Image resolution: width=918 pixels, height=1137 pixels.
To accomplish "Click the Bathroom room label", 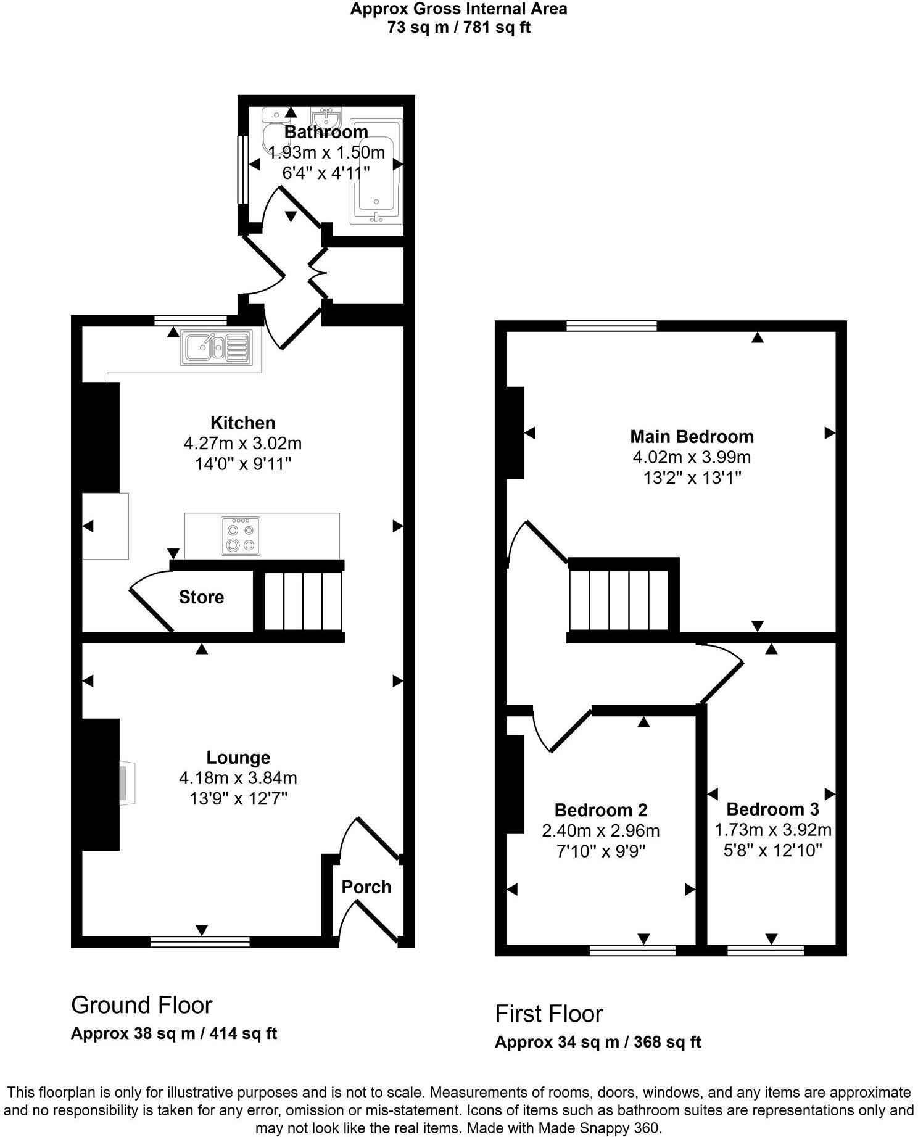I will click(326, 132).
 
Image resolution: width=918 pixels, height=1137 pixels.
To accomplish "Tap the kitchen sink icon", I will click(216, 348).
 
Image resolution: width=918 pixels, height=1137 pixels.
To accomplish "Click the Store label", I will click(201, 597).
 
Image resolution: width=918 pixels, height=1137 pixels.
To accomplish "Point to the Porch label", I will click(366, 887).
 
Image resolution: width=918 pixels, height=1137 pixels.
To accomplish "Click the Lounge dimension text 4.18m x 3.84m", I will click(238, 778).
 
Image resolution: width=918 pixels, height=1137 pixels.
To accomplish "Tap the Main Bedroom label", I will click(692, 437).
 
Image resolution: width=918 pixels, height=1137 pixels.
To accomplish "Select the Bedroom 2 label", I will click(600, 810).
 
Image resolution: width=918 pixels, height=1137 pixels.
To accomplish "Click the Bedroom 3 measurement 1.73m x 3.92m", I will click(772, 830).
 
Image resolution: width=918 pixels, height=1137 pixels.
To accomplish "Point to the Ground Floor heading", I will click(142, 1005).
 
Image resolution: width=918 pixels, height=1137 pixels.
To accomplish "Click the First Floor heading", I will click(548, 1014).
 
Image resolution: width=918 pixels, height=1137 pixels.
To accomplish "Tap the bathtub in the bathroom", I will click(376, 171).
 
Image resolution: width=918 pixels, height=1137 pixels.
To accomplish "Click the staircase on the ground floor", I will click(303, 601).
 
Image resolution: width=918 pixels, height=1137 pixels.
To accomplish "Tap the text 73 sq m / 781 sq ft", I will click(459, 27).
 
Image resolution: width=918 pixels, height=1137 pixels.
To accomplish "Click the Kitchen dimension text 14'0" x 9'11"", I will click(242, 464).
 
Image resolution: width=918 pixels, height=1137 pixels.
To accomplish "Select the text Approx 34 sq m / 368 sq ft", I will click(598, 1042).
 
